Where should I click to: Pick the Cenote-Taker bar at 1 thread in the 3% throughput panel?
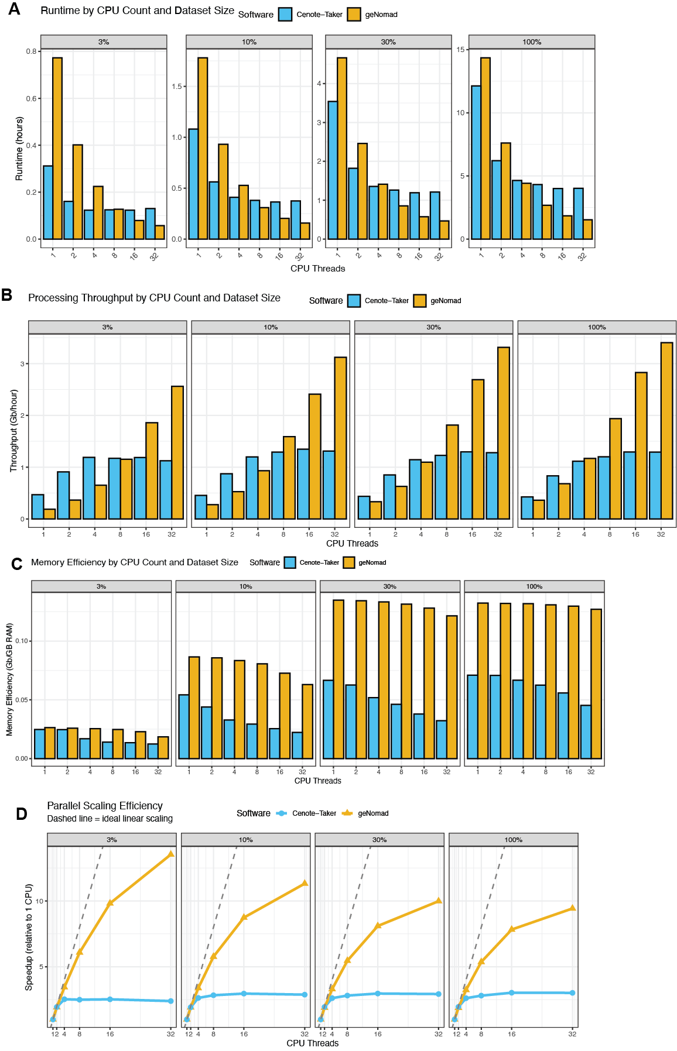[37, 507]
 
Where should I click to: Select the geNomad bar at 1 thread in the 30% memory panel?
[338, 679]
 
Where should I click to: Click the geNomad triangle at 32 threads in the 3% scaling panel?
[171, 854]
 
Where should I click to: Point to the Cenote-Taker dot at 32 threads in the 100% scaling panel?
[572, 993]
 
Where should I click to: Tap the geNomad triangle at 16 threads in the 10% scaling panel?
[244, 917]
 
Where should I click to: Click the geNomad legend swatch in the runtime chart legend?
[354, 15]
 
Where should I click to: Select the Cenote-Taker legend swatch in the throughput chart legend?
[354, 301]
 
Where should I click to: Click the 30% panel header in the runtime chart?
[388, 42]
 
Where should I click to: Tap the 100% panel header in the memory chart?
[534, 586]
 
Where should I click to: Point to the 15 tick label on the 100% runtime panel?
[461, 50]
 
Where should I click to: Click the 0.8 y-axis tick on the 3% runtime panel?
[31, 51]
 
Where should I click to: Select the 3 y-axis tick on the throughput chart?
[23, 364]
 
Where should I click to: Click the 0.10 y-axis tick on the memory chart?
[22, 641]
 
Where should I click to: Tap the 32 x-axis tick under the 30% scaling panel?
[439, 1034]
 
